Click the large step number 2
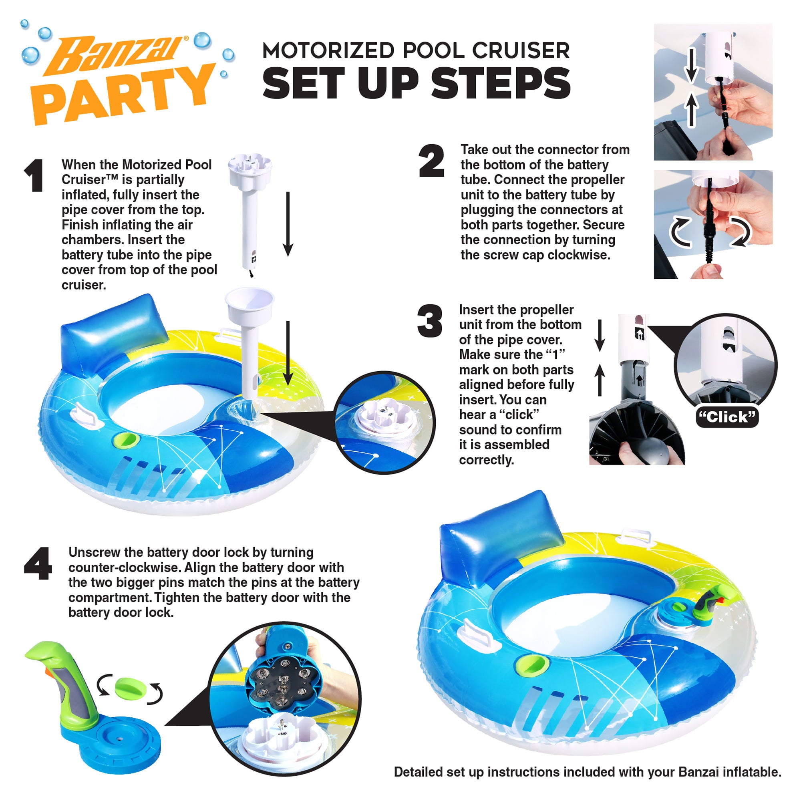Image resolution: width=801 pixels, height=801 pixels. (431, 161)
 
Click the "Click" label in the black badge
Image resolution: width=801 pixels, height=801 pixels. (727, 417)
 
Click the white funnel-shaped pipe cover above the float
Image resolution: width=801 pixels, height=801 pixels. (249, 305)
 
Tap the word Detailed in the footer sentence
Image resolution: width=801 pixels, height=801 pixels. (417, 772)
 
